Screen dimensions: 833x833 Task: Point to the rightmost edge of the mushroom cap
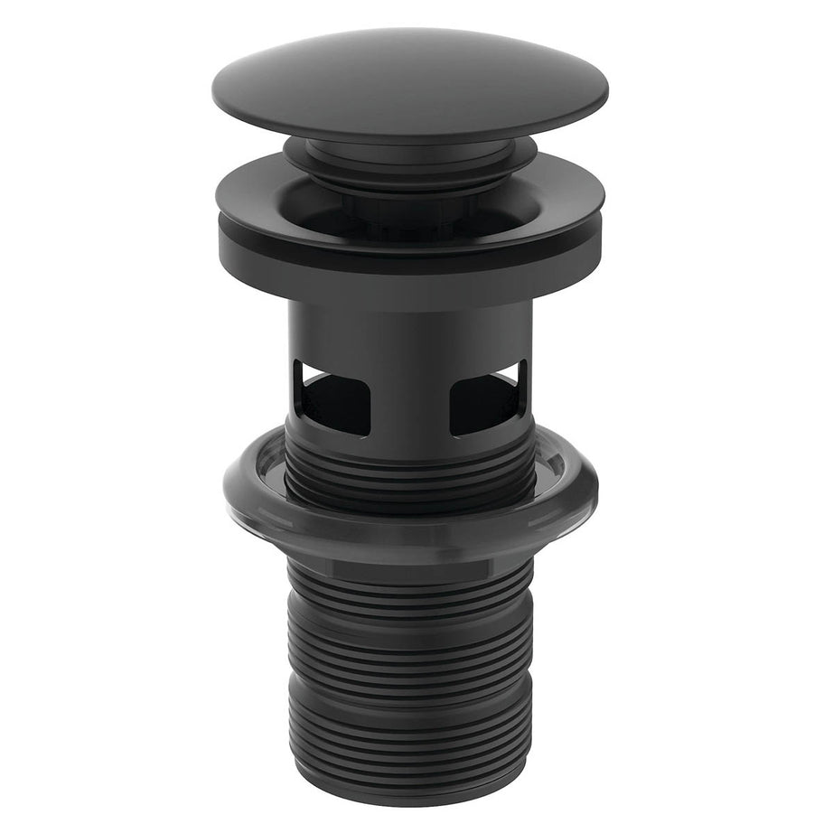(607, 90)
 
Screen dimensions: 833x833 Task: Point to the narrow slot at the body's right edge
(521, 379)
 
